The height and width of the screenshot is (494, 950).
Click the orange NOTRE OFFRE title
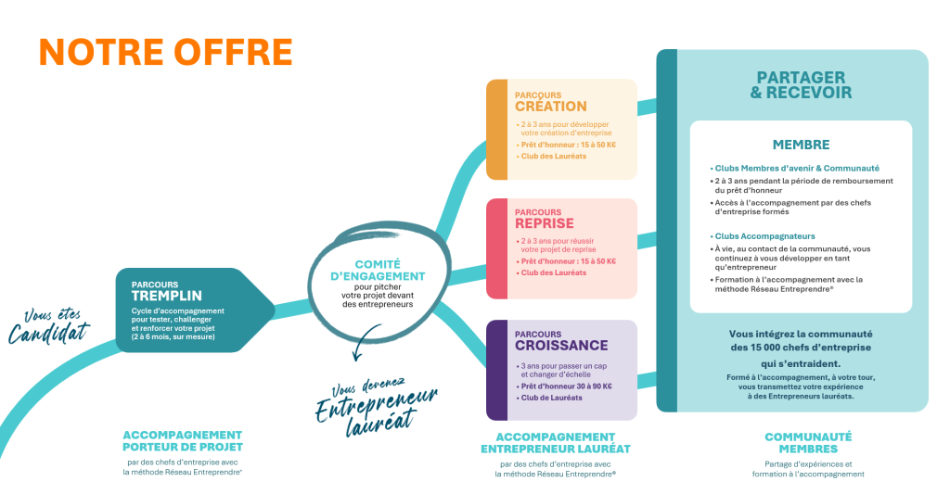click(165, 52)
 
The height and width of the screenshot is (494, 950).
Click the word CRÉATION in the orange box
click(550, 106)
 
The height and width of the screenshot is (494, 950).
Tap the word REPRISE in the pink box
click(545, 223)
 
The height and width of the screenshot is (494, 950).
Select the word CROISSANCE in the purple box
click(561, 346)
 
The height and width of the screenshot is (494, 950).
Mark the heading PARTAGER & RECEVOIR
click(802, 85)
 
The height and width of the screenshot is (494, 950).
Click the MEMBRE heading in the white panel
click(801, 145)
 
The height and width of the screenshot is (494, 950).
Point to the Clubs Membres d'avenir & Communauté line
click(796, 168)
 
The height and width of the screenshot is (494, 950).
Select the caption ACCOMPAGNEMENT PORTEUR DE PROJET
click(182, 440)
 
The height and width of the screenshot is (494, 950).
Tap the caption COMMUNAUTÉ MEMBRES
click(807, 442)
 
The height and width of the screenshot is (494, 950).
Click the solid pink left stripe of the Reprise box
click(496, 247)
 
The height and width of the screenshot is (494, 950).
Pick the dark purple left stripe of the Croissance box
click(496, 369)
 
